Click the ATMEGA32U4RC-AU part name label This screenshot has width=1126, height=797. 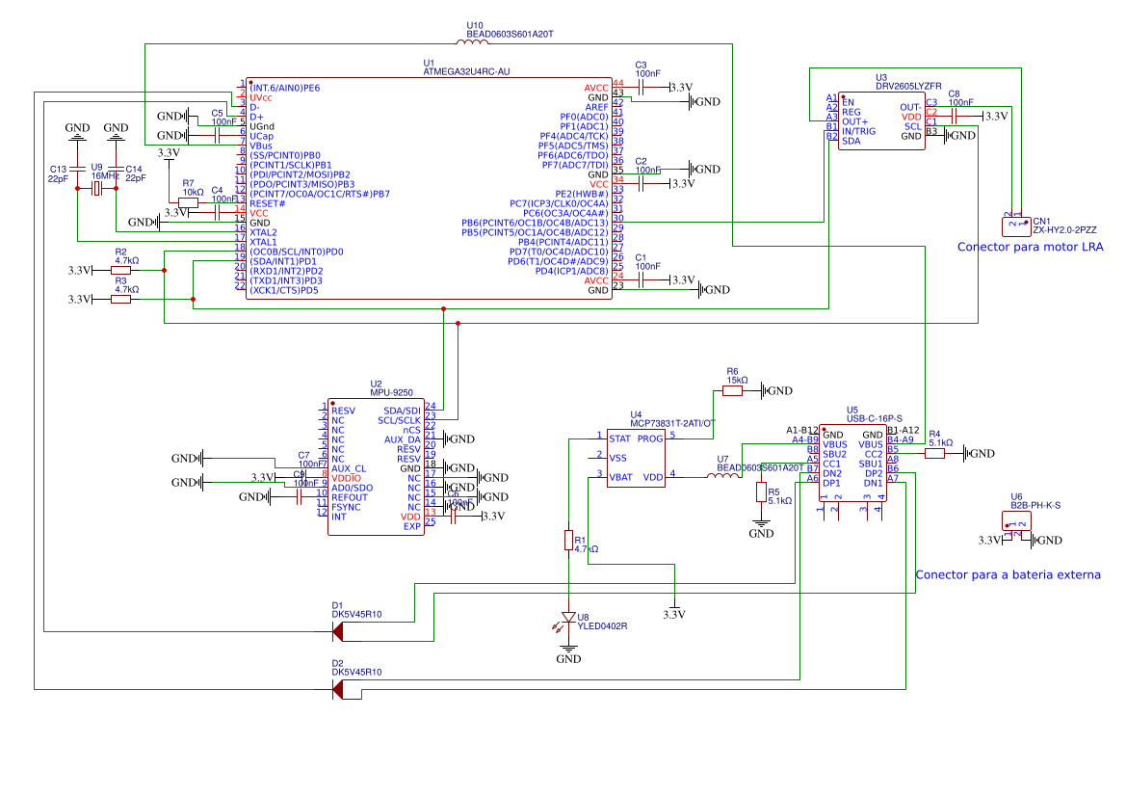[466, 71]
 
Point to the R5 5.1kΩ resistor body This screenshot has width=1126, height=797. [761, 492]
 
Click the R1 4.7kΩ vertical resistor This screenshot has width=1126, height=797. [568, 541]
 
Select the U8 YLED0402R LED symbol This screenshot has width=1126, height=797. [568, 618]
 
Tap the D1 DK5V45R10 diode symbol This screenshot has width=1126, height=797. [337, 631]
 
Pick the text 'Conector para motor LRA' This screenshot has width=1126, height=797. [1030, 248]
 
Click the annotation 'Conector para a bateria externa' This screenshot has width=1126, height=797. [1008, 574]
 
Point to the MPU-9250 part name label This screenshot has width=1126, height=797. [392, 393]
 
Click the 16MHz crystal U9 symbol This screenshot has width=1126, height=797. [96, 189]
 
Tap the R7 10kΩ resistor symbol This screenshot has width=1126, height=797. [189, 201]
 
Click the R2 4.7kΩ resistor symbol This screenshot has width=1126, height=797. [120, 271]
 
